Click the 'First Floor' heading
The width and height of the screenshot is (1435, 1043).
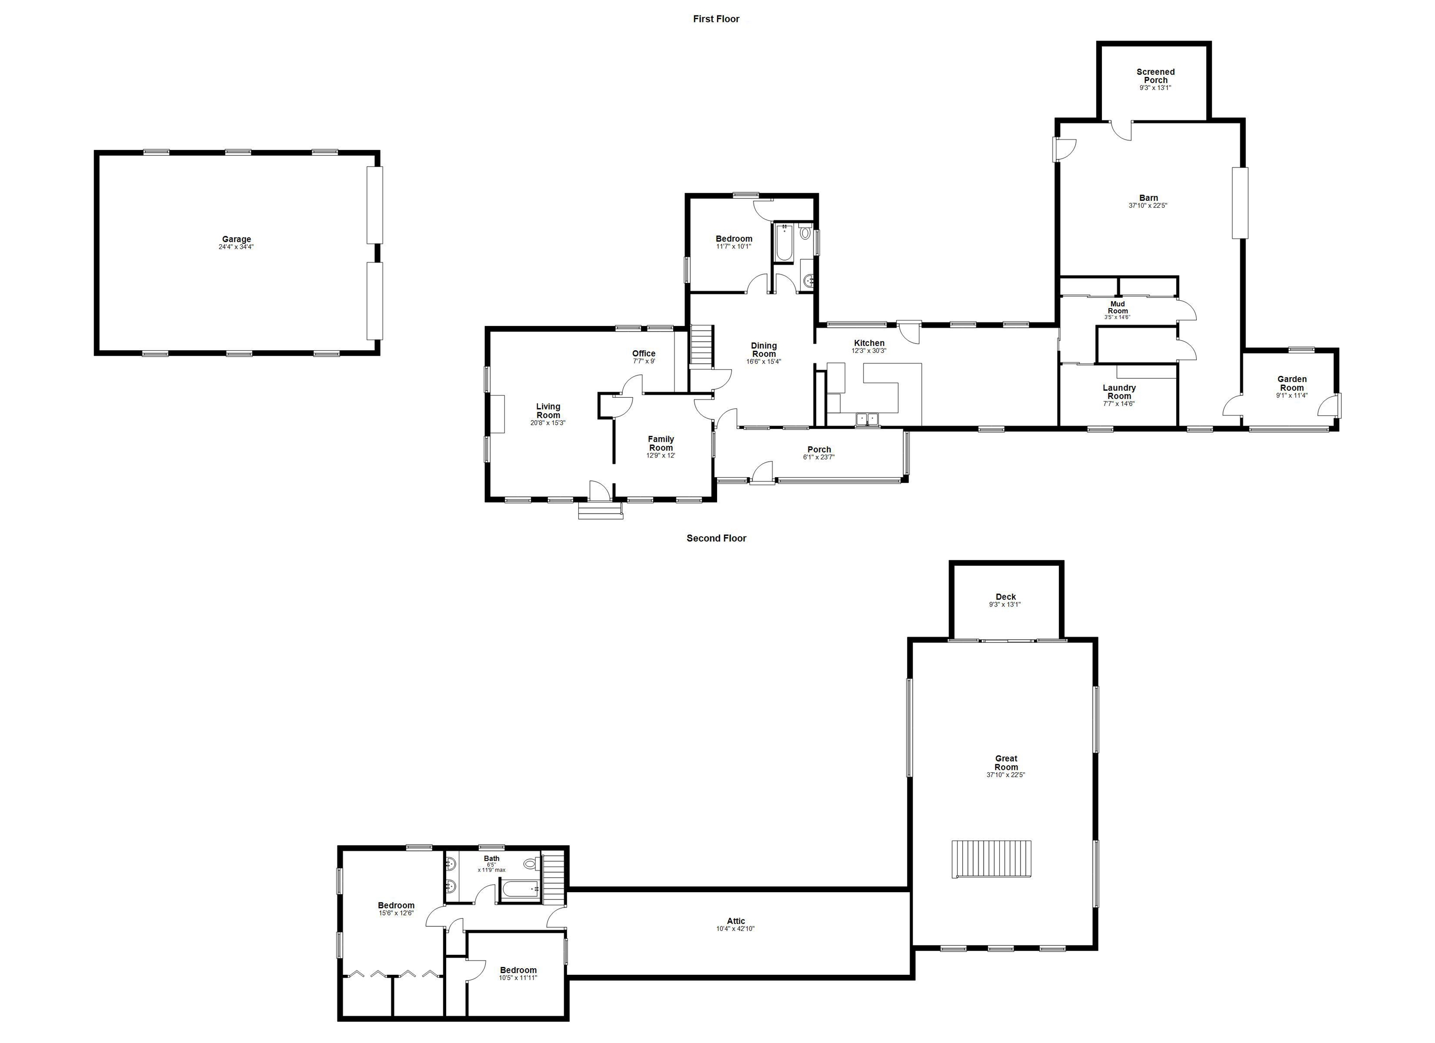[x=716, y=19]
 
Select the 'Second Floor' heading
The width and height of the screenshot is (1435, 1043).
[x=716, y=538]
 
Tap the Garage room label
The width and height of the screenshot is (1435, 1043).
[x=236, y=240]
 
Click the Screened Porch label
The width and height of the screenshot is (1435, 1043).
[x=1155, y=76]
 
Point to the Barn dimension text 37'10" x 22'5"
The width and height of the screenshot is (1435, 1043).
[x=1148, y=205]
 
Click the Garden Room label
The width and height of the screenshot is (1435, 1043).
[x=1292, y=383]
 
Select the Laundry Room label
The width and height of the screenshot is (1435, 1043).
[x=1119, y=392]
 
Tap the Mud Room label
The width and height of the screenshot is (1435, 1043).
[x=1117, y=307]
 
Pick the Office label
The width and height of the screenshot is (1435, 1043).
[x=644, y=353]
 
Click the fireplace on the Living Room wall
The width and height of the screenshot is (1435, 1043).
[x=498, y=414]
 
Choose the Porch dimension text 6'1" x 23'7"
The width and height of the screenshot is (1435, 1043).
[x=819, y=457]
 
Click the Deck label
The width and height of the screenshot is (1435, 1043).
[x=1005, y=597]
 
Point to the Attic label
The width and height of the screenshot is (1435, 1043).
[x=735, y=921]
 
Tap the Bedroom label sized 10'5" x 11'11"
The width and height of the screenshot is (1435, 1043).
[x=518, y=970]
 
